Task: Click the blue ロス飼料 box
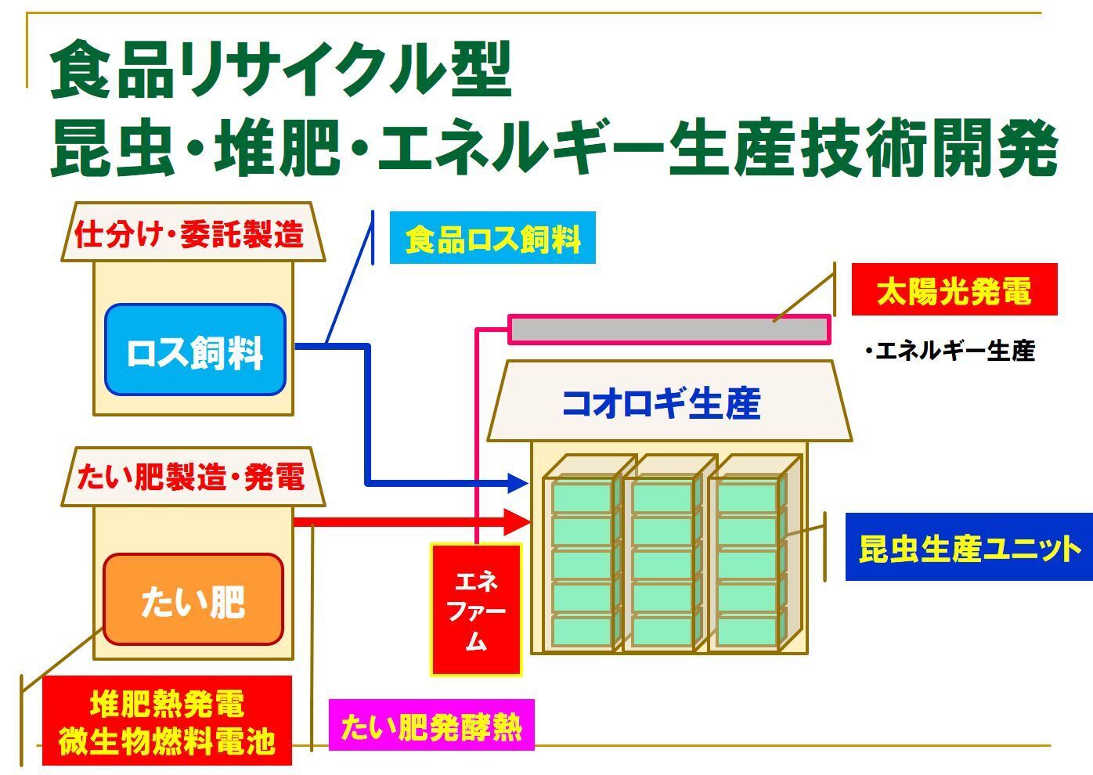pos(195,349)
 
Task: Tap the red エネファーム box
pos(476,610)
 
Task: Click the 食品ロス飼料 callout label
pos(492,238)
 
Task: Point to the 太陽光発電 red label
pos(954,290)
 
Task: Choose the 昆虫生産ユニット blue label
pos(969,547)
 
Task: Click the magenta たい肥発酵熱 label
pos(431,726)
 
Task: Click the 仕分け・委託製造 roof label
pos(190,234)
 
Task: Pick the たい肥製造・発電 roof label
pos(191,477)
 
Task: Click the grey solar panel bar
pos(669,329)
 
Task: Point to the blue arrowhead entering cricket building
pos(519,482)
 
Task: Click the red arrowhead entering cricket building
pos(518,520)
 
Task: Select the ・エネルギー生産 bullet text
pos(950,351)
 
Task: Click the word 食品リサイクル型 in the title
pos(280,70)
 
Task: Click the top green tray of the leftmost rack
pos(581,496)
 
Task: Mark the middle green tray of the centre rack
pos(662,563)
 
